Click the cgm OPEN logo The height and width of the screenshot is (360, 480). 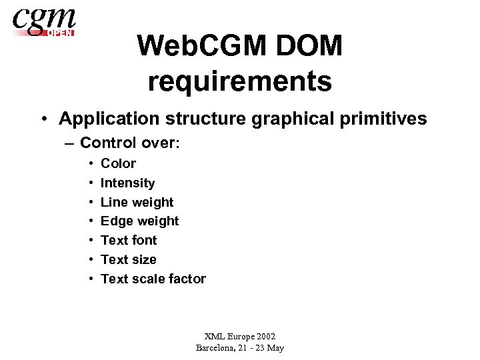[x=44, y=21]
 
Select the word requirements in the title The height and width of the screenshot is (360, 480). [x=240, y=81]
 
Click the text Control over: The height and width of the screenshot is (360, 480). [x=130, y=143]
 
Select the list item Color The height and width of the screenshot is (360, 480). [x=118, y=163]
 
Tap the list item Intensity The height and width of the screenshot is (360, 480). [x=127, y=183]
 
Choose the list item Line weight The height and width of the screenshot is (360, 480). [x=137, y=202]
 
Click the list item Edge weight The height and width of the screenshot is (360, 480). [x=139, y=221]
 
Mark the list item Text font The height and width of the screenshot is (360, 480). [x=129, y=240]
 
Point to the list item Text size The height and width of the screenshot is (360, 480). [x=128, y=259]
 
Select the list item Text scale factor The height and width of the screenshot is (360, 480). [x=153, y=279]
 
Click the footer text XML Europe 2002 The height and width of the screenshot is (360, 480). [x=240, y=337]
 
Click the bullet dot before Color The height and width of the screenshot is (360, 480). [x=89, y=164]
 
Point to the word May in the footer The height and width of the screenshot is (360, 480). [x=275, y=347]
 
